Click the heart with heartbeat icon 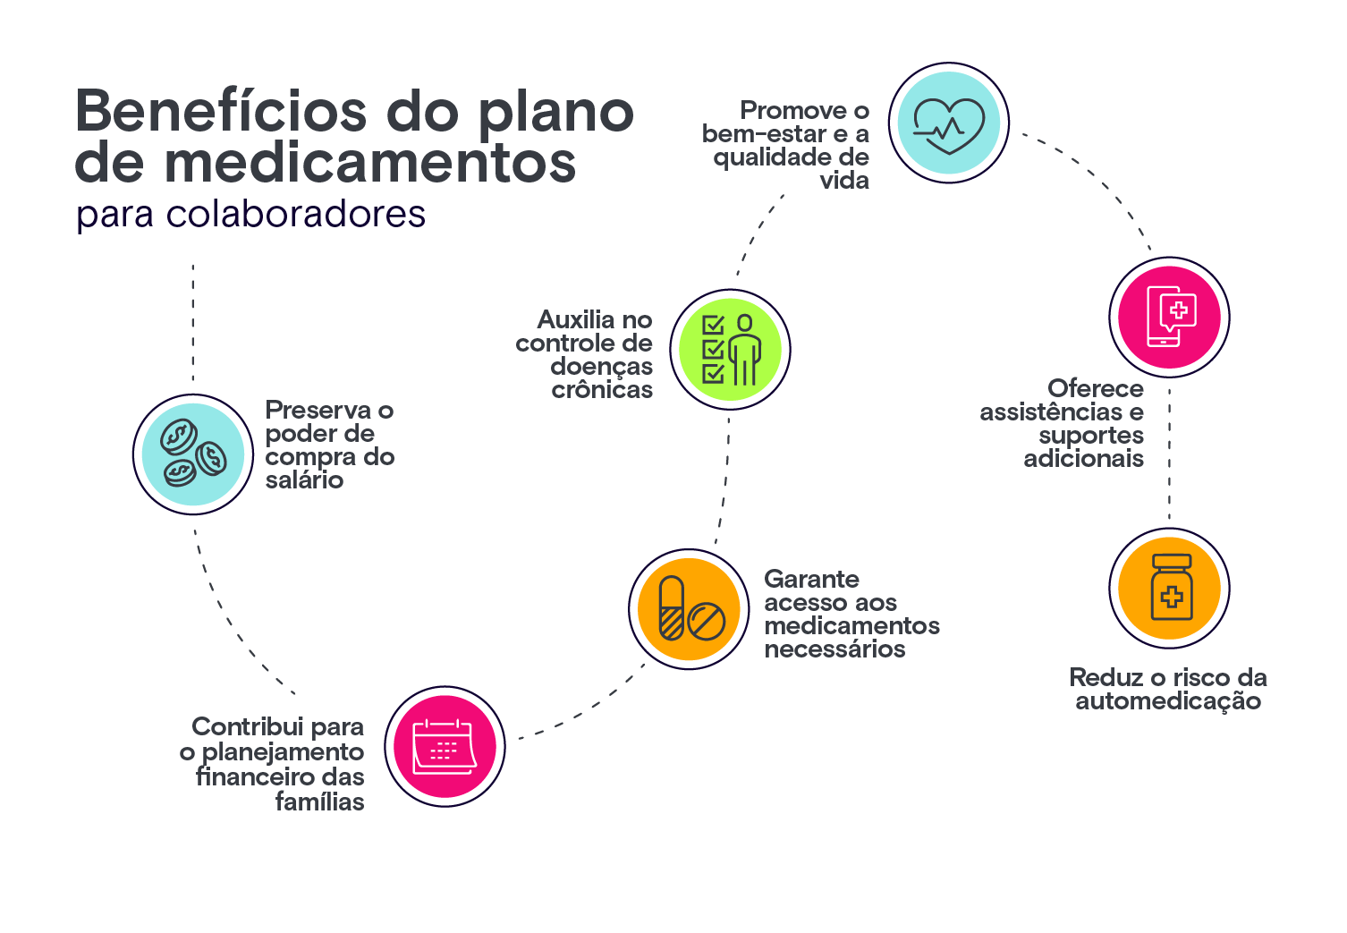tap(949, 123)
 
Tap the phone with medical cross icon tap(1170, 318)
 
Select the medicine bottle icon tap(1170, 589)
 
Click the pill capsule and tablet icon tap(689, 609)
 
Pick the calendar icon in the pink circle tap(445, 746)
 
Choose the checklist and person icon tap(731, 349)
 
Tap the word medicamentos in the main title tap(370, 163)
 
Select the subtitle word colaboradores tap(296, 215)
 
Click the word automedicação tap(1168, 701)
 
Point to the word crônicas tap(602, 390)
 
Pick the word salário tap(304, 480)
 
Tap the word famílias tap(319, 802)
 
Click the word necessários tap(834, 649)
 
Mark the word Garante tap(811, 580)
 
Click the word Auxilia tap(577, 320)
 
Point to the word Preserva tap(318, 411)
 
